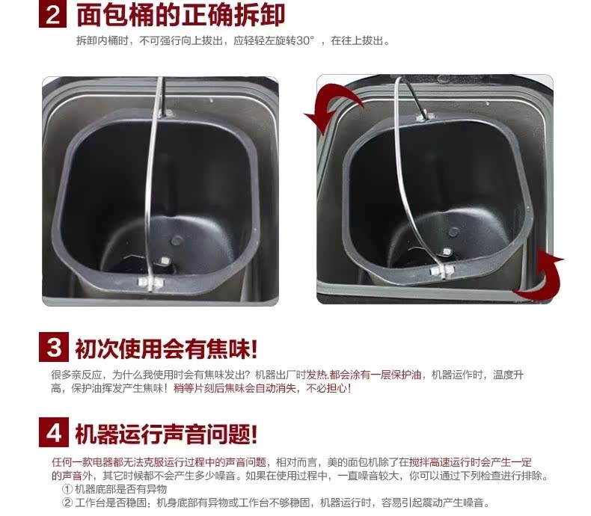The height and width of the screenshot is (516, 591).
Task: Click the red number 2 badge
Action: click(x=53, y=14)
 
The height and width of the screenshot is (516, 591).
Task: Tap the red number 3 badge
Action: click(x=54, y=347)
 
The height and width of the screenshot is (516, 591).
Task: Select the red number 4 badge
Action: click(x=54, y=432)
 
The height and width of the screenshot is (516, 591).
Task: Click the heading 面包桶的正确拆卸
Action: click(x=180, y=14)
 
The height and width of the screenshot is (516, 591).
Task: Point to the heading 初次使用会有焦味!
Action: click(x=166, y=348)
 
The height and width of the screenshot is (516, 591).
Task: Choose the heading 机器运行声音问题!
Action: click(x=166, y=434)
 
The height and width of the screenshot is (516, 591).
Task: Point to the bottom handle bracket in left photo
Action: click(x=150, y=282)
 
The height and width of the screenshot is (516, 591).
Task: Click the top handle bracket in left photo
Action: click(x=165, y=113)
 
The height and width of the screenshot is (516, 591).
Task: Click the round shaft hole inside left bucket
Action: click(x=176, y=240)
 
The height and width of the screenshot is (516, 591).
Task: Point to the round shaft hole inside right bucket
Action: click(x=453, y=232)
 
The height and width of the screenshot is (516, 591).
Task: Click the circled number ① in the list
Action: click(x=67, y=489)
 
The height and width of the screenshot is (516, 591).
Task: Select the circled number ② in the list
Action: click(x=67, y=503)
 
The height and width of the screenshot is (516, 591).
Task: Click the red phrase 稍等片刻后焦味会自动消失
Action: click(x=235, y=388)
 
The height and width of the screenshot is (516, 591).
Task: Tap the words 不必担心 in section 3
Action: click(x=326, y=388)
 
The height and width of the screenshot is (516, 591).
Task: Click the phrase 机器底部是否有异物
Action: click(x=120, y=489)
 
